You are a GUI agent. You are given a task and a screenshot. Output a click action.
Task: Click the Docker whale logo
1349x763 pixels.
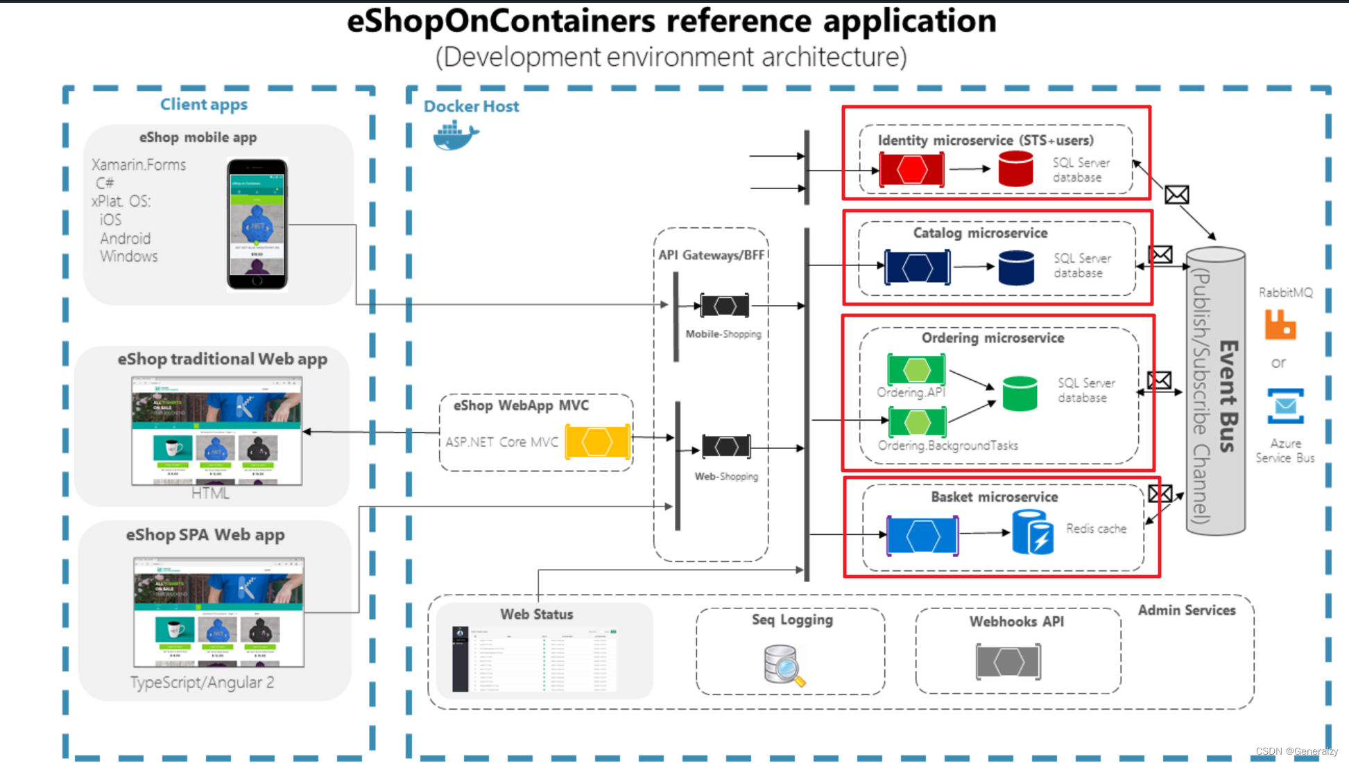point(455,134)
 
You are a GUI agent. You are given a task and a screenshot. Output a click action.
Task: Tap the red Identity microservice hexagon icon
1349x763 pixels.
point(911,169)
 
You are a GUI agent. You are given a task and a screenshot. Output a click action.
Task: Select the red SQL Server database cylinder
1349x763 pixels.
point(1015,169)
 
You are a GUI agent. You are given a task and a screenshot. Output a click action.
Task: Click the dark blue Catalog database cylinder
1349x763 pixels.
point(1016,268)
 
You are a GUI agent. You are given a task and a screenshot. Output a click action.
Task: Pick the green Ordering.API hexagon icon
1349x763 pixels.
point(916,369)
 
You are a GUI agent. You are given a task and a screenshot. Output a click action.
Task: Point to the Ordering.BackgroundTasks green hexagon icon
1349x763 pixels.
point(916,422)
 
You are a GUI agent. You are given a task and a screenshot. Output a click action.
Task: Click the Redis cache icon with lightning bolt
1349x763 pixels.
point(1033,532)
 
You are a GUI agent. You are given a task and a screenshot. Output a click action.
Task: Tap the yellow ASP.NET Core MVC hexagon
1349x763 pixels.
point(597,442)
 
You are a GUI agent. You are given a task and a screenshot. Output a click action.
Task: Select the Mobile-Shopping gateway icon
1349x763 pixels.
point(725,306)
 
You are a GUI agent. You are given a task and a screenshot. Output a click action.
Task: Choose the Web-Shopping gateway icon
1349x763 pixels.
point(726,446)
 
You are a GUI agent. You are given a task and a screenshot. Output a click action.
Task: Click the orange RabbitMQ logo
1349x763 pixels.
point(1280,324)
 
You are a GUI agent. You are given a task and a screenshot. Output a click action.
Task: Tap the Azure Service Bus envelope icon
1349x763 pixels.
point(1285,406)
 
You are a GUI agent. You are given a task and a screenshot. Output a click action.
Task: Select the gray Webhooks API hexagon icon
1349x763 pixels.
point(1008,662)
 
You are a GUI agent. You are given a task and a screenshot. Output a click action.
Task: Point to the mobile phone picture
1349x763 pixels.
point(257,224)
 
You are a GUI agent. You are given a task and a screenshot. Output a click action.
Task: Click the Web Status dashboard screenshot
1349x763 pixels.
point(534,659)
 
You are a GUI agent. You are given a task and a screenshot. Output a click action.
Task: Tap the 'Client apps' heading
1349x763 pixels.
point(203,105)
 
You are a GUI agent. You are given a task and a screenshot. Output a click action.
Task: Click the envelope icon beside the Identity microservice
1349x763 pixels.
point(1176,195)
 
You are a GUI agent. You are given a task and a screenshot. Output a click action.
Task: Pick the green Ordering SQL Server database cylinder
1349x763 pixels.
point(1020,394)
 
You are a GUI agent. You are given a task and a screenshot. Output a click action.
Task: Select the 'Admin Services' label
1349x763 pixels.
point(1186,611)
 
